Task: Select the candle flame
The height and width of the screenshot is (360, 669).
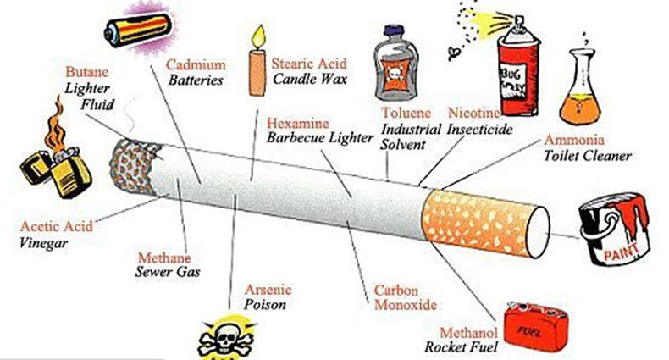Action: (x=257, y=36)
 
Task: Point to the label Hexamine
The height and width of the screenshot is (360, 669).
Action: (x=298, y=121)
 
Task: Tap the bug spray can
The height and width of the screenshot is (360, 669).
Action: (x=519, y=68)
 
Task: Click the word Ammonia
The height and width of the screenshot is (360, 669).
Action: (x=573, y=140)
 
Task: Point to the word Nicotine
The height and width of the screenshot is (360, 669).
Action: (x=474, y=113)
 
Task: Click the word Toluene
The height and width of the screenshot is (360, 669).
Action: (x=403, y=113)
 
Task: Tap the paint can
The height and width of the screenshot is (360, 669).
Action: (x=613, y=228)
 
